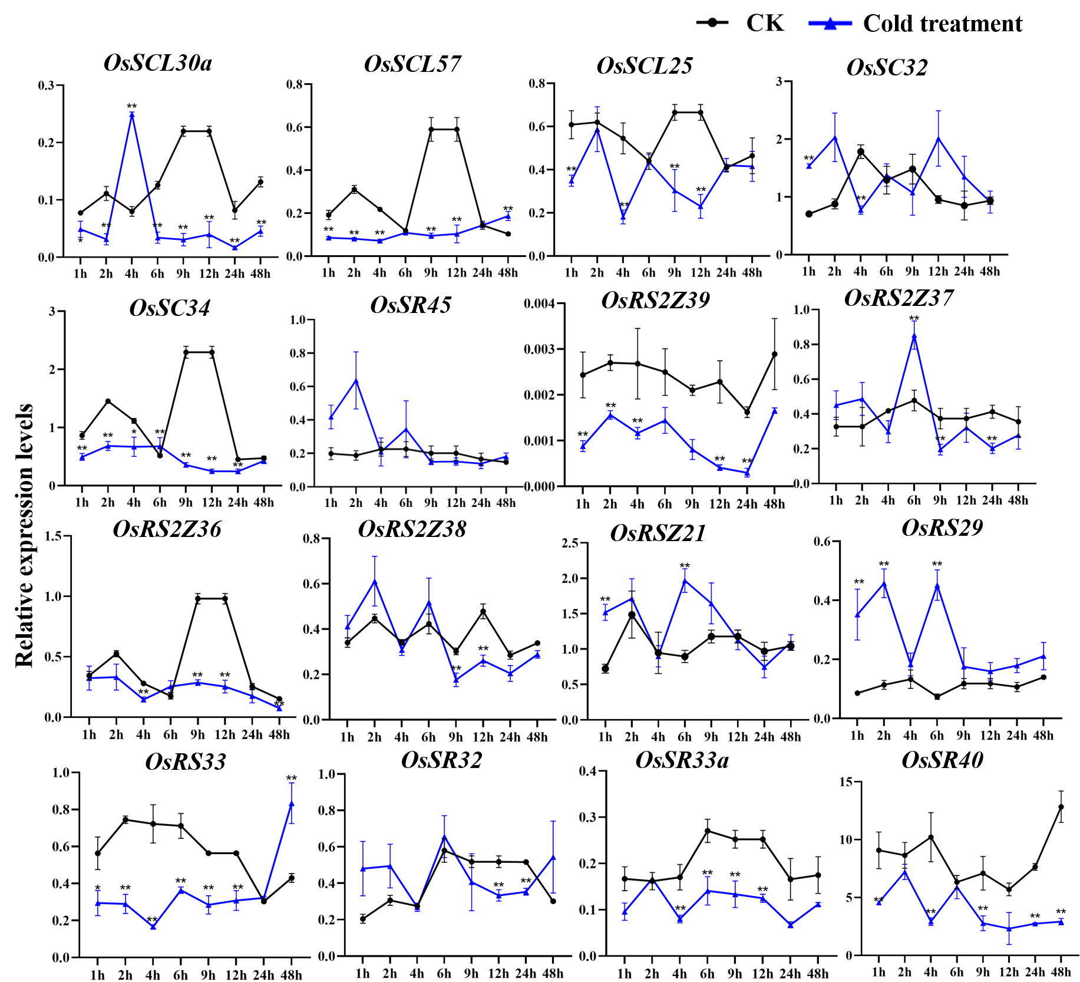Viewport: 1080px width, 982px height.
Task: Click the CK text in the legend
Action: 765,23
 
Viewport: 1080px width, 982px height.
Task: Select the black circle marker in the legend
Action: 712,23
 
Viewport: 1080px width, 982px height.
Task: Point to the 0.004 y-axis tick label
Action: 539,304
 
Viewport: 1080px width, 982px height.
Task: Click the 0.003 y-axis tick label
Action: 539,350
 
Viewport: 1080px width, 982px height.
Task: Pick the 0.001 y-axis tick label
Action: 539,441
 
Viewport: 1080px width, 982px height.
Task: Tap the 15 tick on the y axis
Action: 845,782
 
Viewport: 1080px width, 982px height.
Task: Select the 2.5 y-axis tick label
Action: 569,543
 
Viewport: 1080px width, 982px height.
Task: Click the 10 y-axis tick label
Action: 845,839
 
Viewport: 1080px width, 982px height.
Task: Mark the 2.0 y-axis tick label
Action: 569,578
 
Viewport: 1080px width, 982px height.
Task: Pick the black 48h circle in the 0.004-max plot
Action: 775,354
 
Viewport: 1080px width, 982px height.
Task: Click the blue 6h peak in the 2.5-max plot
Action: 685,579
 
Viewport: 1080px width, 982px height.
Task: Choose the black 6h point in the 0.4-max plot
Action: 708,831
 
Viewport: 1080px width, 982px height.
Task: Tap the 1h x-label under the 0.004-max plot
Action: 582,504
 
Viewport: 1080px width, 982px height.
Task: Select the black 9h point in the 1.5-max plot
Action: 198,598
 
